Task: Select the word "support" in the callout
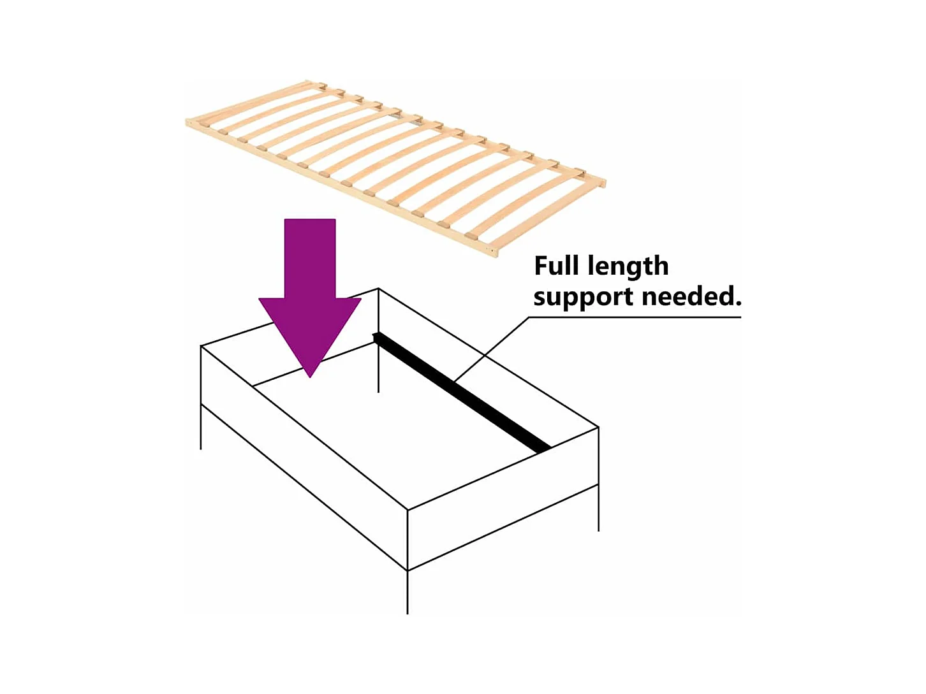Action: coord(583,298)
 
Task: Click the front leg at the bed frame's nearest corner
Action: coord(408,593)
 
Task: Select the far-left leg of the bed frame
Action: coord(201,427)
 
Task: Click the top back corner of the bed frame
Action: coord(379,289)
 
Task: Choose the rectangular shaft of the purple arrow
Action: coord(310,258)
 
